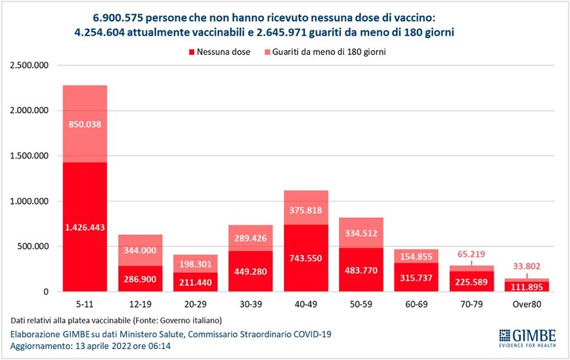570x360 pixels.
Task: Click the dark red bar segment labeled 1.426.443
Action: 85,227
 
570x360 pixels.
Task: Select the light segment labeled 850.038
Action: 85,123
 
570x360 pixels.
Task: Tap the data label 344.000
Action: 140,251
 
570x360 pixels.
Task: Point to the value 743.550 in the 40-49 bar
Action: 305,258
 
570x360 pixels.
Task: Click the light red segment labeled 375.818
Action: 305,208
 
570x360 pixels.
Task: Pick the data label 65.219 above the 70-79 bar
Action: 471,254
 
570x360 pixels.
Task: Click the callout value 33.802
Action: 527,266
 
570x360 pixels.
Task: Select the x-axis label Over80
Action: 527,304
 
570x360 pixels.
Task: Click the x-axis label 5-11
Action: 85,304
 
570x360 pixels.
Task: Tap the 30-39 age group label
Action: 250,304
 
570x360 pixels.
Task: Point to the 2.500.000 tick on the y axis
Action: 29,65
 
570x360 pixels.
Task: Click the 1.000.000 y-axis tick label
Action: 29,202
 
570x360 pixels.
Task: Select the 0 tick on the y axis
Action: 46,292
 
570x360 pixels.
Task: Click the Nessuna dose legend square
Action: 192,52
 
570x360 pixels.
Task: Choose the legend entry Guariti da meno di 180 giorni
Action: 325,52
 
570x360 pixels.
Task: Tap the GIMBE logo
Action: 528,338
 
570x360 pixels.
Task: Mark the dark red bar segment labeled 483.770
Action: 361,270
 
